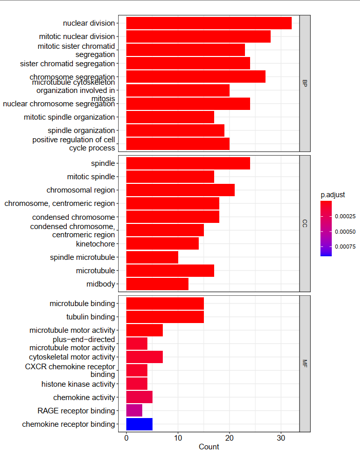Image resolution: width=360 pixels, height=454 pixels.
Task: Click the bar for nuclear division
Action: coord(209,23)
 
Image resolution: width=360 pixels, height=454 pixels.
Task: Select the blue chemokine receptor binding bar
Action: coord(139,424)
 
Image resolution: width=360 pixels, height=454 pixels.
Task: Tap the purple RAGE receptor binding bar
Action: coord(134,411)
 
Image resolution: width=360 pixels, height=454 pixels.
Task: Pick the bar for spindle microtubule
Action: coord(152,257)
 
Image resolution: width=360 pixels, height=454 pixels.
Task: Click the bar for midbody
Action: coord(157,284)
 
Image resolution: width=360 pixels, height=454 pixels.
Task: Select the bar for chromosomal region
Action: coord(180,190)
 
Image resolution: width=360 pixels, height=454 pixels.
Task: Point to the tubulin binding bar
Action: coord(165,317)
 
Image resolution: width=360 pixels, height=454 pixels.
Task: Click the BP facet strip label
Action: coord(305,83)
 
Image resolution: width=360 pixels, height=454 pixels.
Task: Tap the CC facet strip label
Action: coord(305,224)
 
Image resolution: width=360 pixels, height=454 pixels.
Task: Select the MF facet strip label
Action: coord(305,364)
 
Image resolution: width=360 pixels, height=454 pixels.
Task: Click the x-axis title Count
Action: coord(209,447)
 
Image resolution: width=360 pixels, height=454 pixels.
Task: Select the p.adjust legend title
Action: coord(332,195)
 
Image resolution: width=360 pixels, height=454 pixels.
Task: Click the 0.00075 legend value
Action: coord(345,247)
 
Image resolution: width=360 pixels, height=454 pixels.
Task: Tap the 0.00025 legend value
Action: coord(345,217)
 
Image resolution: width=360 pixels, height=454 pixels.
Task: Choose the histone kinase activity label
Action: coord(78,384)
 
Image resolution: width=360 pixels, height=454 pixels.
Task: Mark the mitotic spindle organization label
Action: coord(69,117)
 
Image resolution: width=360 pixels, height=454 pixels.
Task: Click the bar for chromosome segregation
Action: coord(196,77)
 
